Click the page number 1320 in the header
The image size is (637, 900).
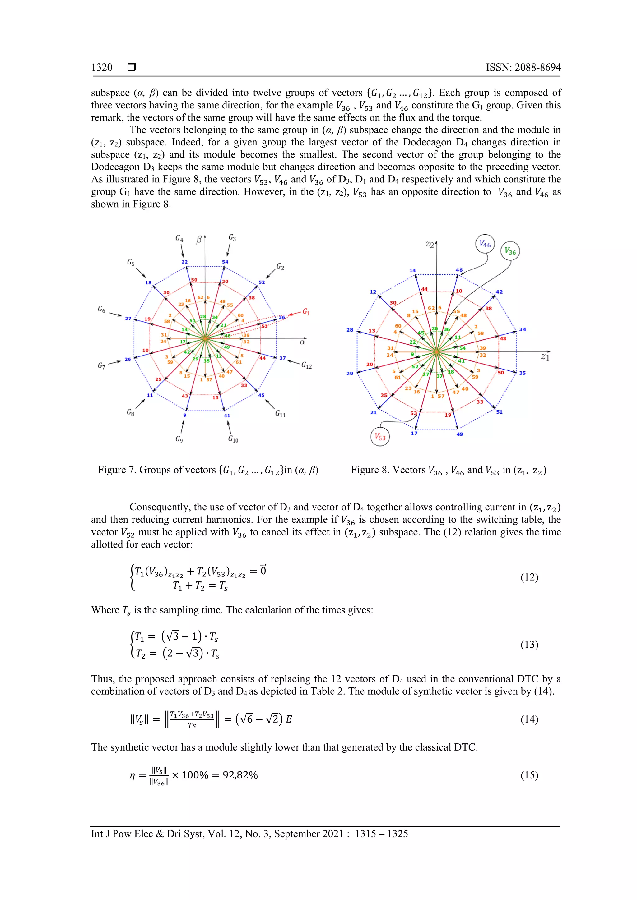[102, 67]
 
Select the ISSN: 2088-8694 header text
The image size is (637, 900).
[523, 67]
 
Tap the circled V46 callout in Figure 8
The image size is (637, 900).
[485, 244]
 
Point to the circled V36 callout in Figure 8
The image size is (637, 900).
[510, 251]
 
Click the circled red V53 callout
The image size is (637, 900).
[380, 437]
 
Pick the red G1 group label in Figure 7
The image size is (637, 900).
[306, 312]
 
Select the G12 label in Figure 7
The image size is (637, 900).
[306, 365]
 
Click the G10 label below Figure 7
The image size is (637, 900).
[233, 439]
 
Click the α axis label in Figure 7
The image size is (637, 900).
[302, 342]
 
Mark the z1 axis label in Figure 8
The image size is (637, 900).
[545, 357]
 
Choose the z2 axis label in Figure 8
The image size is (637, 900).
[430, 245]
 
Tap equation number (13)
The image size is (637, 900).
[529, 645]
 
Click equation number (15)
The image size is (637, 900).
[529, 775]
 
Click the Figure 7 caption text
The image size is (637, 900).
[208, 470]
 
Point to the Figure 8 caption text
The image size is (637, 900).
[448, 470]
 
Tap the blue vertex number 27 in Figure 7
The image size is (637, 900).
[128, 318]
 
